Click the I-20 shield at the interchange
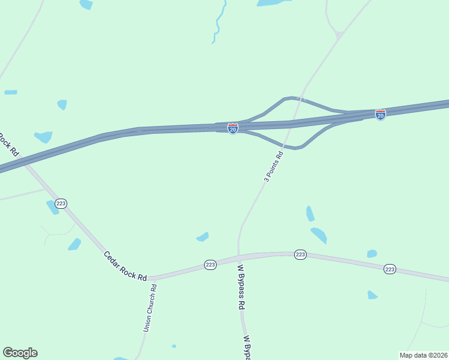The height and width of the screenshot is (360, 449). pyautogui.click(x=233, y=128)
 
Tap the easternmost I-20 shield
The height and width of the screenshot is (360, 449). pyautogui.click(x=381, y=114)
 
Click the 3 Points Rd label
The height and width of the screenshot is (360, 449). pyautogui.click(x=273, y=166)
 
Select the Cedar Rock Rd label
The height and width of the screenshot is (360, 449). pyautogui.click(x=125, y=266)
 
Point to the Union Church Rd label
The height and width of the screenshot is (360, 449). pyautogui.click(x=150, y=308)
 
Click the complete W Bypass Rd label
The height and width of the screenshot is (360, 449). pyautogui.click(x=241, y=287)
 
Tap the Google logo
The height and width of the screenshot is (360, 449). pyautogui.click(x=20, y=353)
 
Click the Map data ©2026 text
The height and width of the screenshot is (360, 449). pyautogui.click(x=423, y=355)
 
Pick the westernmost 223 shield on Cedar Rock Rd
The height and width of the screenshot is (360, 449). pyautogui.click(x=61, y=203)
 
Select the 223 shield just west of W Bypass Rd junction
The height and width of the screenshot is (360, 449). pyautogui.click(x=209, y=265)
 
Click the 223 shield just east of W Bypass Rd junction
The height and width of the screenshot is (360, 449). pyautogui.click(x=301, y=255)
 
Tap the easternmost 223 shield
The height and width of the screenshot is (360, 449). pyautogui.click(x=390, y=269)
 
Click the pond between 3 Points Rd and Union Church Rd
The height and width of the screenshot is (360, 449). pyautogui.click(x=202, y=237)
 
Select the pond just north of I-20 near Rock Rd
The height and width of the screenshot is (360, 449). pyautogui.click(x=43, y=137)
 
